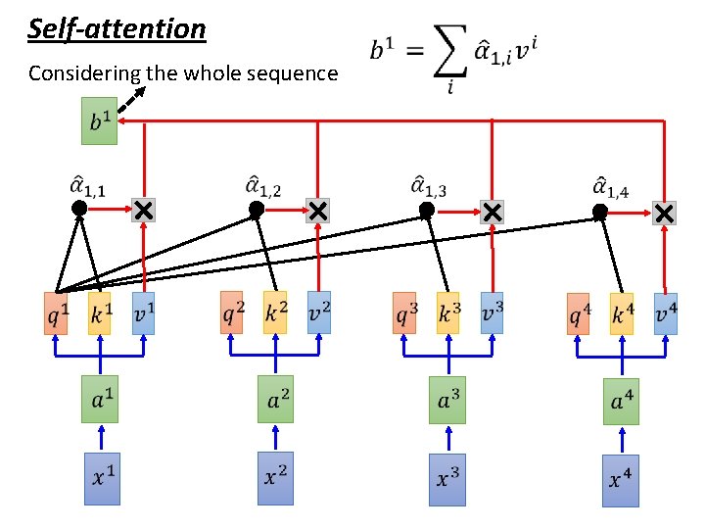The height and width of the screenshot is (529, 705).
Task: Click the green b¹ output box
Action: tap(99, 121)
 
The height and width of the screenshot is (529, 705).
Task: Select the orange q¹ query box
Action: tap(56, 313)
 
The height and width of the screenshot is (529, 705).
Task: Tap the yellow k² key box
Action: tap(275, 313)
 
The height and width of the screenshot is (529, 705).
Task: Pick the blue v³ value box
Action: tap(492, 313)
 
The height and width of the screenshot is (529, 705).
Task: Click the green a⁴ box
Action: tap(621, 402)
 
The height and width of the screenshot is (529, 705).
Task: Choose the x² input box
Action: tap(275, 478)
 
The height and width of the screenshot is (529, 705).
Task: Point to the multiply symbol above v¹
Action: tap(143, 210)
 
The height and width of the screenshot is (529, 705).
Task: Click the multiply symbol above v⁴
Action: tap(664, 214)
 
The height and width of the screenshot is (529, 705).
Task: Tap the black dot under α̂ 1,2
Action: tap(257, 210)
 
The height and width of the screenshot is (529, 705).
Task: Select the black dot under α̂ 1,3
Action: tap(427, 210)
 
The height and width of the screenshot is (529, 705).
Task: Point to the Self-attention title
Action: tap(117, 29)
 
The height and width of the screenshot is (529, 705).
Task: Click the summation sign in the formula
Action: tap(450, 50)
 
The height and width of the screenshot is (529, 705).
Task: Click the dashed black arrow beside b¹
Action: tap(132, 99)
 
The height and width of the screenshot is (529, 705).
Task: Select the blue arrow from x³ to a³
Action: tap(448, 438)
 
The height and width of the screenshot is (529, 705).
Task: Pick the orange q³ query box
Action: tap(404, 313)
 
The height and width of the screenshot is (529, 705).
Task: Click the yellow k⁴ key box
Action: tap(622, 314)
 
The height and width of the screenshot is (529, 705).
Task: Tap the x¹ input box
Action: tap(102, 479)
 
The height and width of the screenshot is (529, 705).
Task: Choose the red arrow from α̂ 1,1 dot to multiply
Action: tap(110, 209)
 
